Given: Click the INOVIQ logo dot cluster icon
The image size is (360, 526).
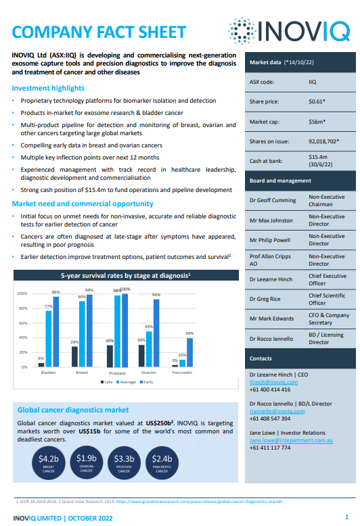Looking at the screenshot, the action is click(x=242, y=31).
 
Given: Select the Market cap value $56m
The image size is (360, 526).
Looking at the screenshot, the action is click(x=317, y=122).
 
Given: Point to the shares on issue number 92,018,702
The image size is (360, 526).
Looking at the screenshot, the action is click(x=323, y=141).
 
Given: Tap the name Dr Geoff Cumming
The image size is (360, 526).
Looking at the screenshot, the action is click(x=273, y=200).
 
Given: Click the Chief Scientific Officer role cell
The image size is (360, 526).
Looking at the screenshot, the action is click(x=327, y=299).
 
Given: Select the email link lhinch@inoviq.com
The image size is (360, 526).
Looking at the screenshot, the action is click(x=273, y=382).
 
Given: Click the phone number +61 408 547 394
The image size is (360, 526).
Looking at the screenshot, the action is click(x=270, y=419).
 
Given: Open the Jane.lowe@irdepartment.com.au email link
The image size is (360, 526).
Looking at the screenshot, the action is click(x=291, y=440).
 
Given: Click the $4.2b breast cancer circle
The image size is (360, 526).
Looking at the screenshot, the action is click(x=48, y=463).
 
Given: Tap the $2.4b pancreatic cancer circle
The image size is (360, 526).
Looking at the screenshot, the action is click(x=162, y=463).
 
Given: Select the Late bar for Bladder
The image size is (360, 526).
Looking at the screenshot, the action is click(x=41, y=364).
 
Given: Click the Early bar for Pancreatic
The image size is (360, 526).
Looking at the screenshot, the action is click(x=189, y=352).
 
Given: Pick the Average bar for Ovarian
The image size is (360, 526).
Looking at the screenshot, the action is click(x=149, y=349).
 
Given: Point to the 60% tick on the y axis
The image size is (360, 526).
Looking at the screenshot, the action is click(x=23, y=323).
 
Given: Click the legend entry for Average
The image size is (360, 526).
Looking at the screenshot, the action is click(x=126, y=382).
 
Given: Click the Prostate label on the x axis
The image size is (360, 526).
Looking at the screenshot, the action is click(x=117, y=373).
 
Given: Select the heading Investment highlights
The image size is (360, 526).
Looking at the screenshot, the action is click(x=48, y=88).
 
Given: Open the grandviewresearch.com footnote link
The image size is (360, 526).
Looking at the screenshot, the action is click(x=199, y=502).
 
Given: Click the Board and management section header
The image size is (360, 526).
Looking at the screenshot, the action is click(x=280, y=181).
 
